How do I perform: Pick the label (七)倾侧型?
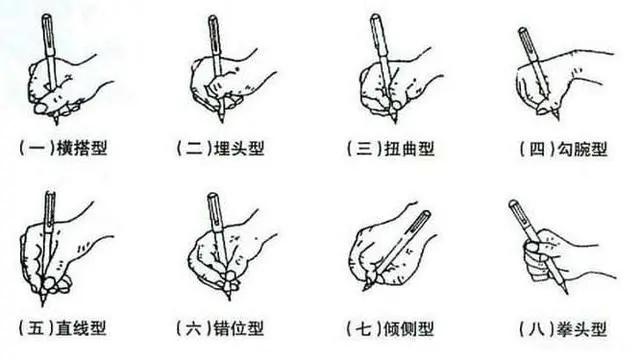(386, 327)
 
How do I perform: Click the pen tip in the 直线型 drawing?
(43, 301)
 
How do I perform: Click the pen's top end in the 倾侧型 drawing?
(426, 213)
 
